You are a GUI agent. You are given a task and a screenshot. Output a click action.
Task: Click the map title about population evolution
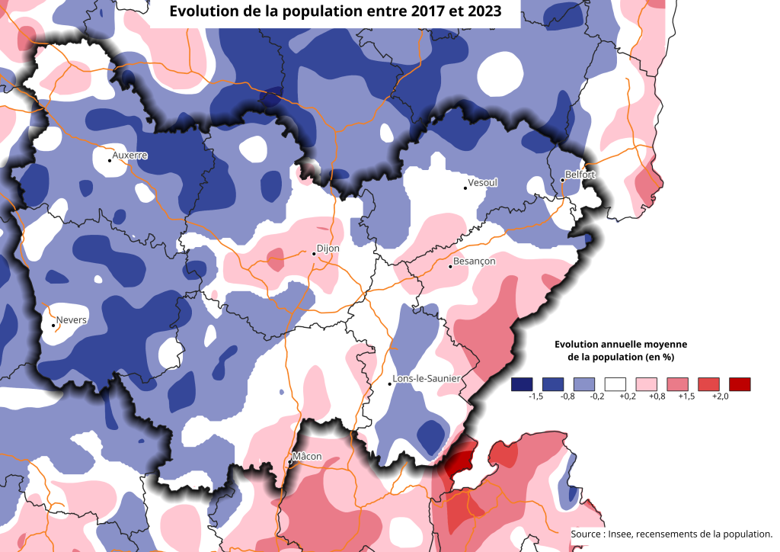point(334,12)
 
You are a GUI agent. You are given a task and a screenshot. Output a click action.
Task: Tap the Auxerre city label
point(129,156)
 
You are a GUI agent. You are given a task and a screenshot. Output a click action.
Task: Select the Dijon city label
point(328,249)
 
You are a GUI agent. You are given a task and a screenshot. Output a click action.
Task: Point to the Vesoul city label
point(483,183)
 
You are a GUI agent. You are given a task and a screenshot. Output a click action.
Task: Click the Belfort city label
point(580,175)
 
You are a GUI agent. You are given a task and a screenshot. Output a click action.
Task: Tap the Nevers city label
point(72,319)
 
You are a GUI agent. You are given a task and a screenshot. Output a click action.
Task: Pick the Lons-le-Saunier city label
point(427,378)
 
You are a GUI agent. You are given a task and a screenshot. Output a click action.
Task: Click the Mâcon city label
point(308,457)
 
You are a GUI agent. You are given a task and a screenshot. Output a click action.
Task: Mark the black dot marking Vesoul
point(465,187)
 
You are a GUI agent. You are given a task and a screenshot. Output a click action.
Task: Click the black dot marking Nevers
point(53,326)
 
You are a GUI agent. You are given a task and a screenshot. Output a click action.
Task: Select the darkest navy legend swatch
point(522,384)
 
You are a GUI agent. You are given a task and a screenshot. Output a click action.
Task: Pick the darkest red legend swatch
point(739,384)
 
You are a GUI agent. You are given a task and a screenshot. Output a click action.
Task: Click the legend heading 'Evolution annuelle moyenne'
point(621,344)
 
